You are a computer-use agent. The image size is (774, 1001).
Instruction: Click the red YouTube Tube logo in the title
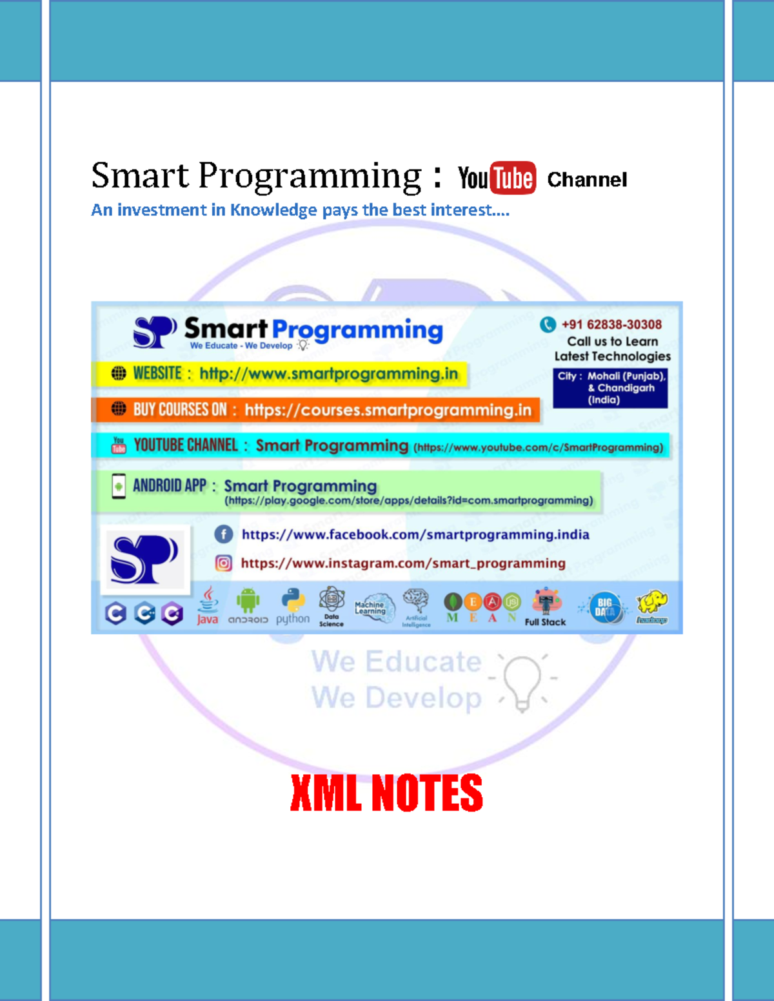[513, 178]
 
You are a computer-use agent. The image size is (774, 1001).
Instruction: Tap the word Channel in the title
[587, 180]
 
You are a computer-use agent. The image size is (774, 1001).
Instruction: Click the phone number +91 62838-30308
[611, 324]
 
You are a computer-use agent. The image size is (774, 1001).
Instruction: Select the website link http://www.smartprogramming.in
[328, 374]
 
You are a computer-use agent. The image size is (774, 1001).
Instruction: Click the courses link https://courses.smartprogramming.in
[388, 410]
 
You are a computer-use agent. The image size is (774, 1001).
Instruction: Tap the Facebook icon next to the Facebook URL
[223, 534]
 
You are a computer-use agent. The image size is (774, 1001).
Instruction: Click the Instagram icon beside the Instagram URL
[223, 563]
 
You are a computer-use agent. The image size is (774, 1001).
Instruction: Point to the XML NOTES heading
[386, 793]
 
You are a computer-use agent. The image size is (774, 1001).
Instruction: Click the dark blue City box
[610, 388]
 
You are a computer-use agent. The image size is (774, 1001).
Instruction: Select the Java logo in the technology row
[208, 606]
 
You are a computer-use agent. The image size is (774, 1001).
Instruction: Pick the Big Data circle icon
[605, 608]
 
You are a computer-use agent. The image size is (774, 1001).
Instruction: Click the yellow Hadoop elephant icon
[652, 605]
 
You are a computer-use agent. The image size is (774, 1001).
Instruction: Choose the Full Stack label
[545, 622]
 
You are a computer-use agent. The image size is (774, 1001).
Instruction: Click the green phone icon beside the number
[548, 324]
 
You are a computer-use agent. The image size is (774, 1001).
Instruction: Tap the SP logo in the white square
[144, 559]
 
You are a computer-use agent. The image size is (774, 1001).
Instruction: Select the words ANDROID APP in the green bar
[170, 485]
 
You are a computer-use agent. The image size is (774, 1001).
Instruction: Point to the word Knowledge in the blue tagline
[273, 210]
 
